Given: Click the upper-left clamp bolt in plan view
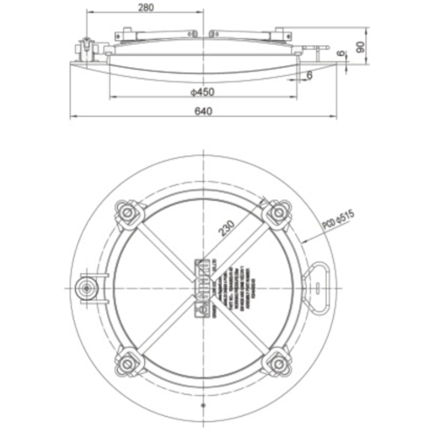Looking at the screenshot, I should (128, 212).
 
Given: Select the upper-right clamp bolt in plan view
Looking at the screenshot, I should (279, 212).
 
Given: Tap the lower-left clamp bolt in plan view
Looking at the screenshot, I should (128, 361).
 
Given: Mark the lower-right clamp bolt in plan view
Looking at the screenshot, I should (279, 361).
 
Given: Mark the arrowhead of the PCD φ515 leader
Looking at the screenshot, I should (302, 238).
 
